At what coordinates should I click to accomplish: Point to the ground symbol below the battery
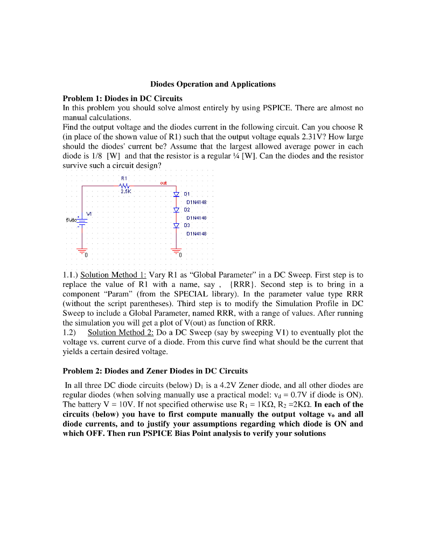(82, 252)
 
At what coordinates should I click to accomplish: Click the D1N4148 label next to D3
(197, 234)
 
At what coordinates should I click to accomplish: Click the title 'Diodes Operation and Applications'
(213, 84)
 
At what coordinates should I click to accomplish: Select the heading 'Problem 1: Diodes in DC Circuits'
(123, 98)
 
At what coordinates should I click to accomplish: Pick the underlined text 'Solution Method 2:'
(121, 333)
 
